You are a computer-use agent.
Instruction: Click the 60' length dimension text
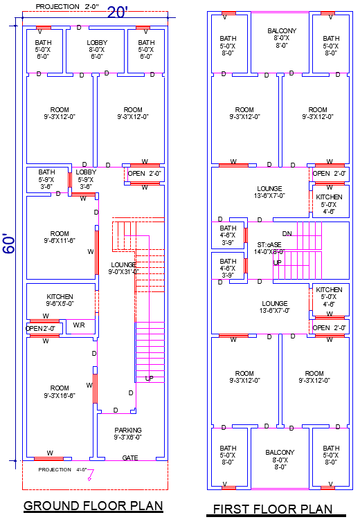pyautogui.click(x=9, y=243)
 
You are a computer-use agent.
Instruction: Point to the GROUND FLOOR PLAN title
pyautogui.click(x=93, y=506)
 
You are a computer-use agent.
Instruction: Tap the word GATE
pyautogui.click(x=130, y=458)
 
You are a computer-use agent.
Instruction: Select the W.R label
pyautogui.click(x=80, y=325)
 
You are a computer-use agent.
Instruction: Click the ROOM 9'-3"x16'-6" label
pyautogui.click(x=60, y=392)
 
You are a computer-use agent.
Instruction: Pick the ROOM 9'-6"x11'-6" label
pyautogui.click(x=60, y=237)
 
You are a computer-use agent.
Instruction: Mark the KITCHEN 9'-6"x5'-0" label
pyautogui.click(x=60, y=300)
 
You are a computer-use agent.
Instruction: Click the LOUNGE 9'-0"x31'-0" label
pyautogui.click(x=123, y=268)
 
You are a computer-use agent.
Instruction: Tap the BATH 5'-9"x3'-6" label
pyautogui.click(x=47, y=179)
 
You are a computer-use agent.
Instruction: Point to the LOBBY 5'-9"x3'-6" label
pyautogui.click(x=86, y=179)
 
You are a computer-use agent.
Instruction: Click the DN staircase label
pyautogui.click(x=287, y=233)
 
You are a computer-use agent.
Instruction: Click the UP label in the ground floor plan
pyautogui.click(x=149, y=379)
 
